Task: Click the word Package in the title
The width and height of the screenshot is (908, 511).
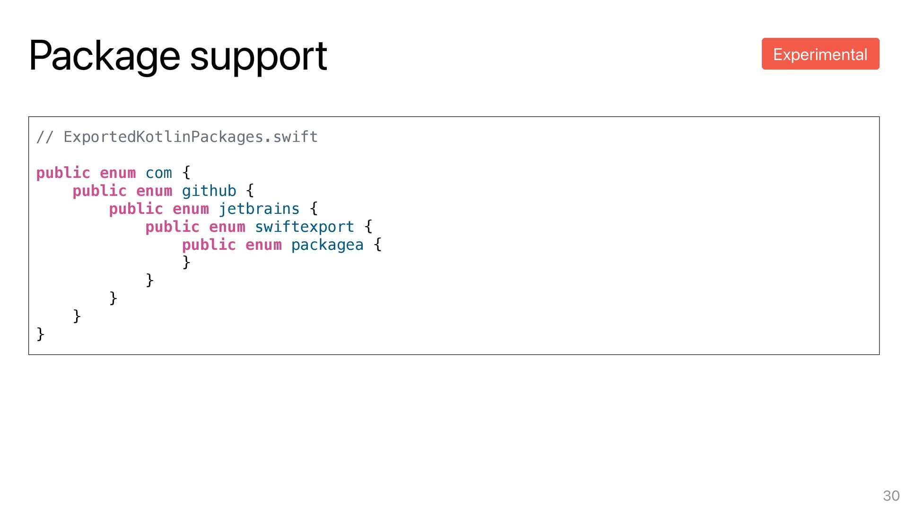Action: click(105, 56)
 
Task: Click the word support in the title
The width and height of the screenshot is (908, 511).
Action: click(258, 57)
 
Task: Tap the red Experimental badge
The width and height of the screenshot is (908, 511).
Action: click(820, 54)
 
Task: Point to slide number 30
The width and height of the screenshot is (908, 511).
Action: click(891, 495)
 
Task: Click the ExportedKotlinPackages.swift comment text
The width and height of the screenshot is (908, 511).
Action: click(190, 137)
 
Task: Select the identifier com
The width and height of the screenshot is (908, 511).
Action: click(159, 173)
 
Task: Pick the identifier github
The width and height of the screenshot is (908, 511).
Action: click(209, 191)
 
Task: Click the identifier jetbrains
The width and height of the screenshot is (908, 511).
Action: click(259, 209)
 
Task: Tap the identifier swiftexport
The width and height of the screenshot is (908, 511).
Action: click(305, 227)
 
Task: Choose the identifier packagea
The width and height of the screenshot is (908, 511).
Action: click(327, 245)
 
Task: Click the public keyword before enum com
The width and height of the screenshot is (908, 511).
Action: click(63, 173)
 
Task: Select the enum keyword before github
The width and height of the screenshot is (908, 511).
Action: click(154, 191)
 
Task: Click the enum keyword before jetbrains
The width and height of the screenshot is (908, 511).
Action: click(191, 209)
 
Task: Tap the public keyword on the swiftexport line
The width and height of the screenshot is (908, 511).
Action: click(172, 227)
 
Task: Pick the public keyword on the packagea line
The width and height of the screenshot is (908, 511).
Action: click(209, 245)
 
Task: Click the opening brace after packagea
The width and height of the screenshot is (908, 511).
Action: click(377, 245)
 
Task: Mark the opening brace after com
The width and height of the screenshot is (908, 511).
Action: click(186, 172)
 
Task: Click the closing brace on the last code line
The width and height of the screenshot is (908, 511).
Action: click(41, 334)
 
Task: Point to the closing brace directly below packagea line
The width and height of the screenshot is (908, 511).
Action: click(186, 262)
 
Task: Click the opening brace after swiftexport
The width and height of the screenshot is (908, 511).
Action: click(368, 226)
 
